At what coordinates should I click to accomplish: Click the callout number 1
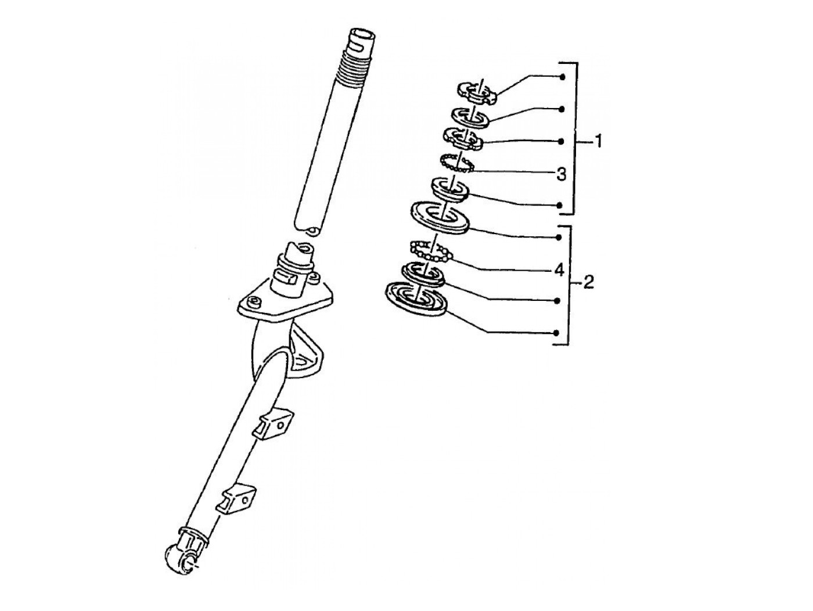pos(598,142)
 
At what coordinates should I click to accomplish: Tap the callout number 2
pos(588,282)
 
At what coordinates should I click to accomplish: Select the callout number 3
pos(562,174)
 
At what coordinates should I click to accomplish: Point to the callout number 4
pos(559,270)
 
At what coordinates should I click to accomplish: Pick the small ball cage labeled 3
pos(456,163)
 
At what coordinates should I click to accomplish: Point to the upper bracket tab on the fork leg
pos(273,424)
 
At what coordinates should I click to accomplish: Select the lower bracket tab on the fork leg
pos(236,498)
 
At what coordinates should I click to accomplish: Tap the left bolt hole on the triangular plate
pos(255,302)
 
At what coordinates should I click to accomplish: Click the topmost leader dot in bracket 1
pos(563,77)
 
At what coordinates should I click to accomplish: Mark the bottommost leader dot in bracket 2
pos(556,333)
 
